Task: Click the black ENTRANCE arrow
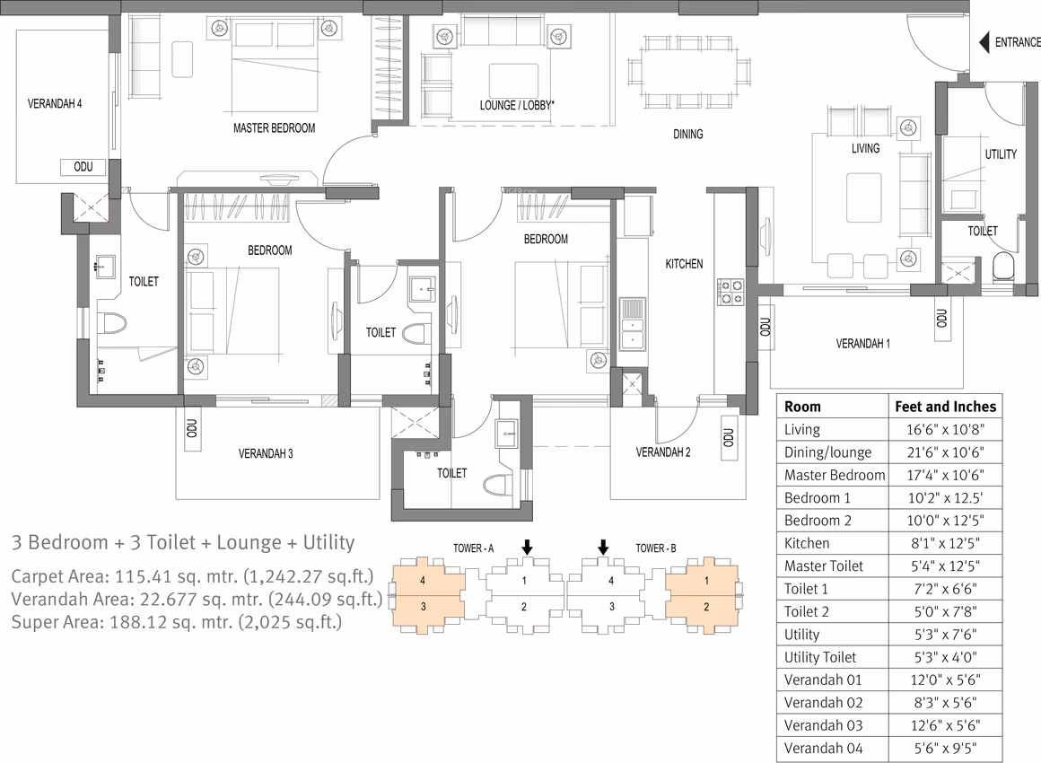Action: [x=984, y=42]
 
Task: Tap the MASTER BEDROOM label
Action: [x=275, y=128]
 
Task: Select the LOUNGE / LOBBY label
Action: [x=517, y=105]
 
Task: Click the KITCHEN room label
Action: [x=684, y=264]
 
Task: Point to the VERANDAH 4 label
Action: [x=55, y=103]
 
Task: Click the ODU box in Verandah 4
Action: [x=83, y=167]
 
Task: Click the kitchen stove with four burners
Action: [x=730, y=293]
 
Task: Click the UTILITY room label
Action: [x=1001, y=154]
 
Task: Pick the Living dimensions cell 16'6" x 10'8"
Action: [x=945, y=430]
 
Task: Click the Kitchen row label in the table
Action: [x=807, y=543]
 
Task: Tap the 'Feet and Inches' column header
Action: [x=945, y=407]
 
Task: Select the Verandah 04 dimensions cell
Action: [x=945, y=749]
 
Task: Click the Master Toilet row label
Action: [x=823, y=566]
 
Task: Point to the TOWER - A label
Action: [x=473, y=548]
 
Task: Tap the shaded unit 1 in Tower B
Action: [x=703, y=580]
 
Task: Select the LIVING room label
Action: [x=866, y=149]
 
